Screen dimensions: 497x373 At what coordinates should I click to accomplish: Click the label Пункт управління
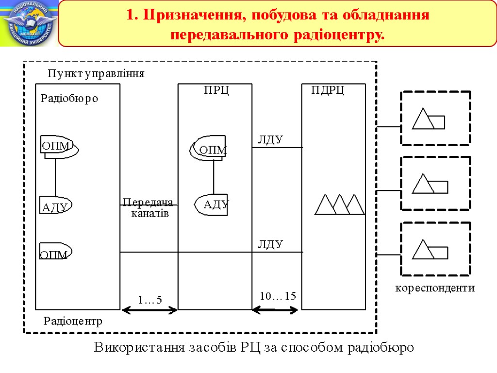[x=96, y=74]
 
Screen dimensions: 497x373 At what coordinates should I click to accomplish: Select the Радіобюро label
[x=69, y=99]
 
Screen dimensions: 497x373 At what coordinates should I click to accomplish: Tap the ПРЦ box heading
[x=216, y=90]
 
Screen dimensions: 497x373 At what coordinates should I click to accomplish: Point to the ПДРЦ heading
[x=328, y=90]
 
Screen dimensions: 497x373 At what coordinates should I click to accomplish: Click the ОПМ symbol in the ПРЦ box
[x=210, y=148]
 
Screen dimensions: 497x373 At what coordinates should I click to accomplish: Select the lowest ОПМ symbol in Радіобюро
[x=55, y=252]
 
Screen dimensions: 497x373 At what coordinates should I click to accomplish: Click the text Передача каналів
[x=148, y=208]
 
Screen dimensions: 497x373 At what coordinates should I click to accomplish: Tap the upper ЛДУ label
[x=270, y=140]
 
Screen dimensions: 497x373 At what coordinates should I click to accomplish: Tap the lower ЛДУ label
[x=270, y=244]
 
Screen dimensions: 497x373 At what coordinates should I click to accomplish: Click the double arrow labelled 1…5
[x=149, y=310]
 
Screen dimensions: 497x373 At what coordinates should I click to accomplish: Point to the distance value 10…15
[x=278, y=296]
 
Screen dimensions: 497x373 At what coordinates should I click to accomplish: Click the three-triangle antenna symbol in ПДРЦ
[x=339, y=204]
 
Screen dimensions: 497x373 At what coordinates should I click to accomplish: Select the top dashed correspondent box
[x=435, y=118]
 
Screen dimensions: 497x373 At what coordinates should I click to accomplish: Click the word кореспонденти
[x=435, y=288]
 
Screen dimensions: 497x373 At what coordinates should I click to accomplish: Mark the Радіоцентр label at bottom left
[x=73, y=321]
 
